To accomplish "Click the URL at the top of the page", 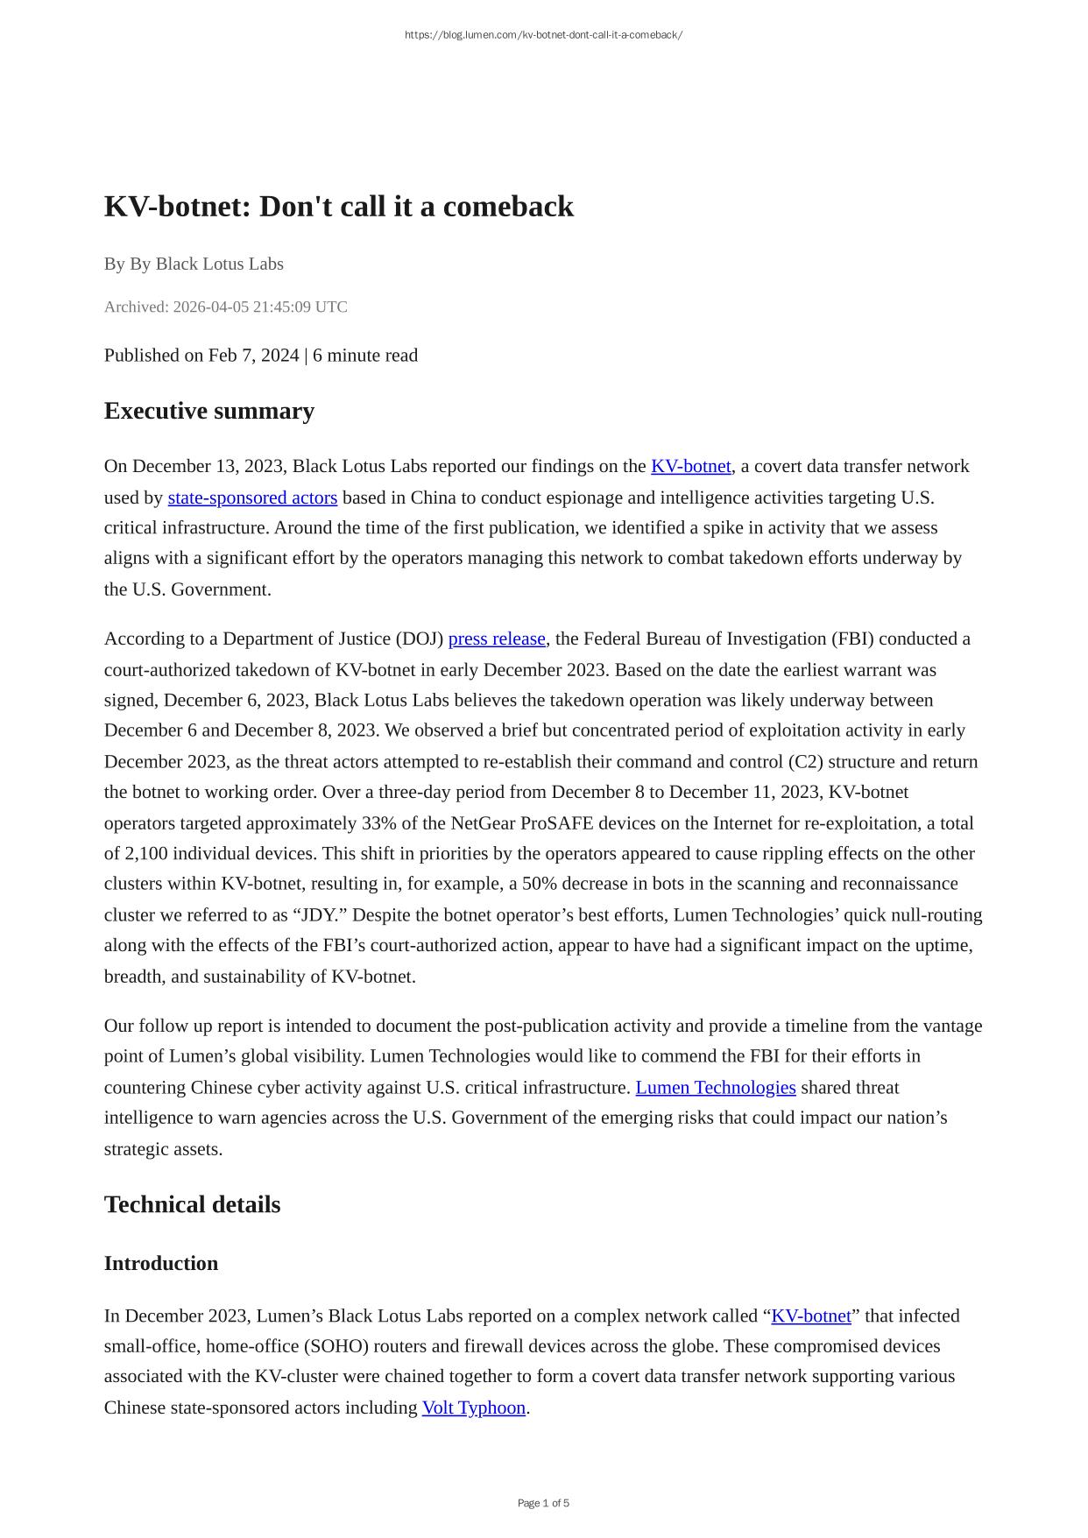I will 543,35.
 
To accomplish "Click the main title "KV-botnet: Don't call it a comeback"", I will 339,207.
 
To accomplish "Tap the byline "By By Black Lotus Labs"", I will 194,264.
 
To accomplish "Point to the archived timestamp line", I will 225,307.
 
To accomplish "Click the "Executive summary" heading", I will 208,411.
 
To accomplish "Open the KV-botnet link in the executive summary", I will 690,466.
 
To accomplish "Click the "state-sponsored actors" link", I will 252,497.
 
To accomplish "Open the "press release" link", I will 497,638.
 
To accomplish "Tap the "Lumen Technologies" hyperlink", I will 716,1087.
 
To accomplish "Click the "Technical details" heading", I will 192,1204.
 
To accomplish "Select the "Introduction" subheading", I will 160,1263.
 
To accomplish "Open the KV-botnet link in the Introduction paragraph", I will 810,1316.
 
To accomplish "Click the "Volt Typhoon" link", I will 473,1407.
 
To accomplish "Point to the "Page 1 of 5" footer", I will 543,1503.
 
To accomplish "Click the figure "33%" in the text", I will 376,823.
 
